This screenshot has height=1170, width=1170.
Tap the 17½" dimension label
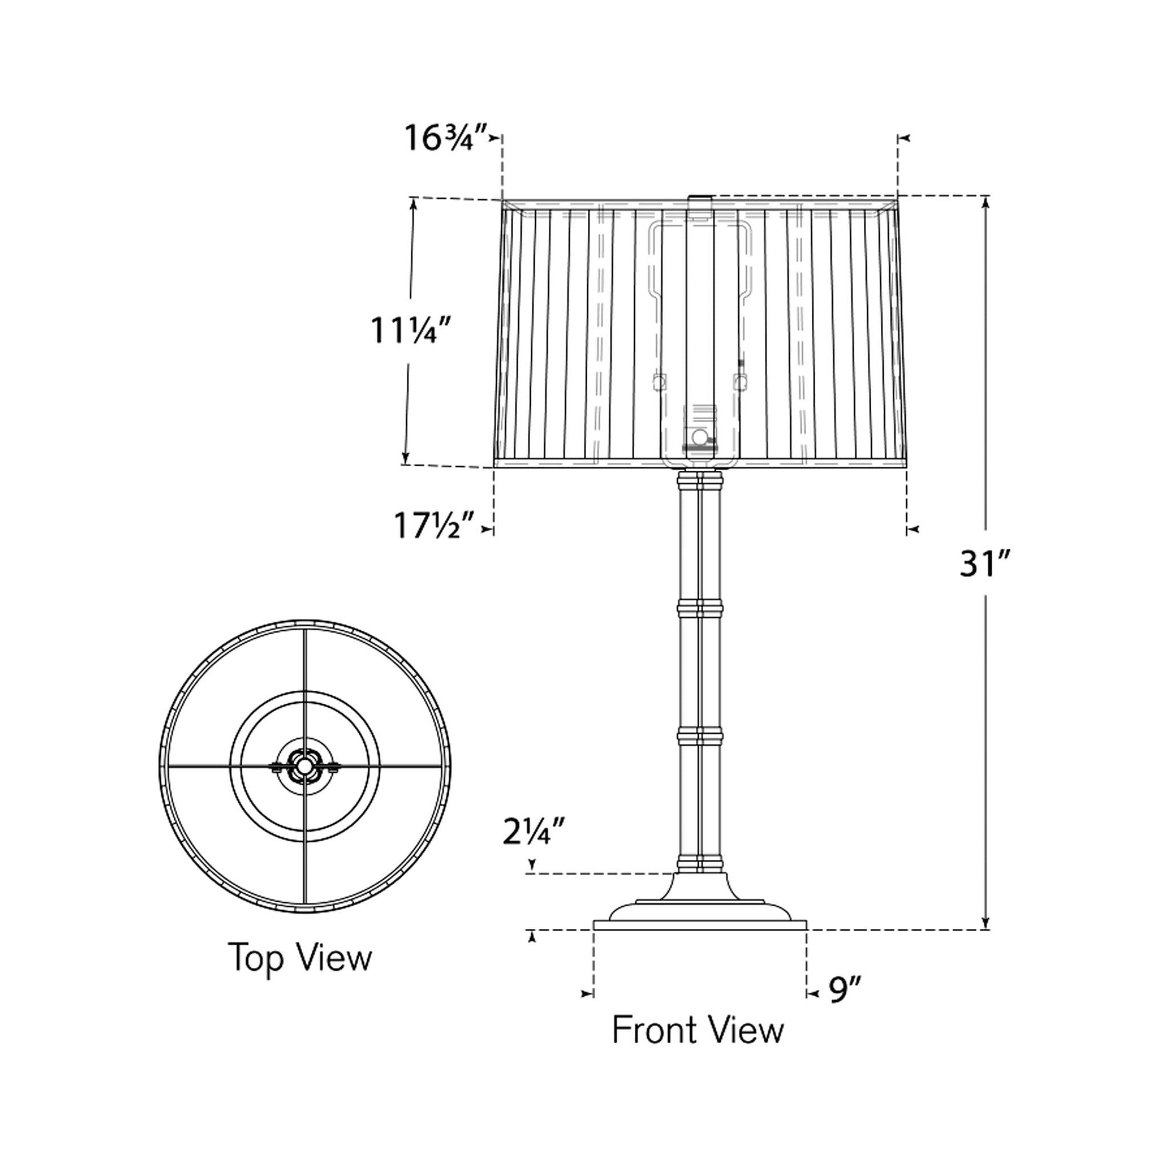click(434, 526)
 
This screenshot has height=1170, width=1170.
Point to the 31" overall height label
click(985, 564)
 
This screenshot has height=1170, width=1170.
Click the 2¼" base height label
click(534, 831)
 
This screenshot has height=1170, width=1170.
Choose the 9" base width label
click(844, 991)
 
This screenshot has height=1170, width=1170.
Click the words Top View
click(300, 957)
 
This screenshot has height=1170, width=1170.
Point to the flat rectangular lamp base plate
click(699, 925)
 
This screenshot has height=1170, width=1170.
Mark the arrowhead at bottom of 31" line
click(985, 921)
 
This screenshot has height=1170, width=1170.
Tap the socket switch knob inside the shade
click(699, 436)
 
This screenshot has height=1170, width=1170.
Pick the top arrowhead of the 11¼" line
click(414, 205)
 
